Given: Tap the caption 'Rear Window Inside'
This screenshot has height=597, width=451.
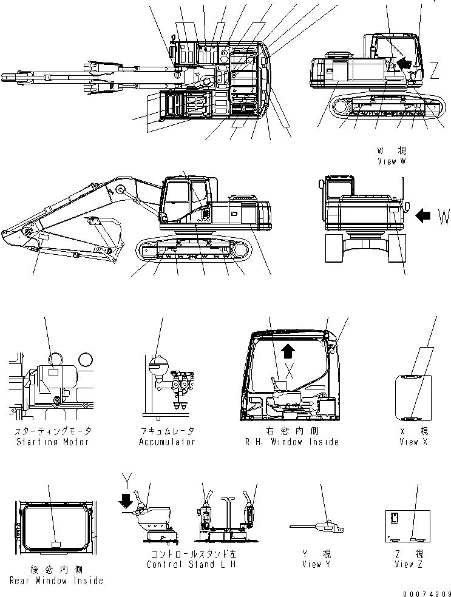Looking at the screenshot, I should click(56, 581).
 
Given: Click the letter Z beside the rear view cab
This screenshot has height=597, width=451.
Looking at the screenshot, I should click(434, 72).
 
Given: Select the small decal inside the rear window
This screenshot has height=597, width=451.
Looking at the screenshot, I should click(55, 544).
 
